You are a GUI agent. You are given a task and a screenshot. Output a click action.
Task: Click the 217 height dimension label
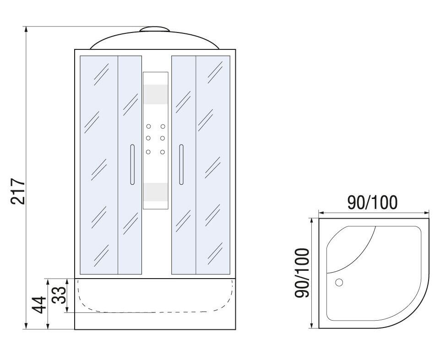(x=18, y=191)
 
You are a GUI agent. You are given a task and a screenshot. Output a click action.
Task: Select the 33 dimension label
(x=60, y=295)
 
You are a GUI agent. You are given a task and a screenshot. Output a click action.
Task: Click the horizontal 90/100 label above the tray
(x=372, y=203)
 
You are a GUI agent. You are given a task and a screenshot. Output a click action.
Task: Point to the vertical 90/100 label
(x=302, y=273)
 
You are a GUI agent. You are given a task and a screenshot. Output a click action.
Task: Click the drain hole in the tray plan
(x=339, y=282)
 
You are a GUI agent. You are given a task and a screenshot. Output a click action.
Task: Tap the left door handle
(x=132, y=164)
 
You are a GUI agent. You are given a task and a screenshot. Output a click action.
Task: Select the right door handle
(x=181, y=164)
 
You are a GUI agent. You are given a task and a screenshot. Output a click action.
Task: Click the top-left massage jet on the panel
(x=148, y=126)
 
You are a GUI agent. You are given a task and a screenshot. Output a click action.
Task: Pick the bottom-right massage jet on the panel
(x=163, y=152)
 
